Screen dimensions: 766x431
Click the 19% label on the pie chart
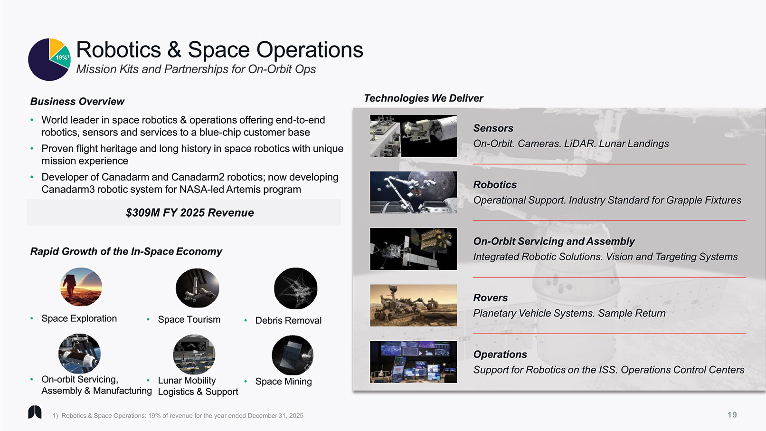[62, 57]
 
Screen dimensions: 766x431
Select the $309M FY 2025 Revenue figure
[190, 213]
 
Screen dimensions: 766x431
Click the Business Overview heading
[77, 102]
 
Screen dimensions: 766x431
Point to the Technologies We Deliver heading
[423, 98]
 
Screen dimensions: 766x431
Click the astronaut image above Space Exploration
[81, 287]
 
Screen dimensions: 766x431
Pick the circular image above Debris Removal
[295, 288]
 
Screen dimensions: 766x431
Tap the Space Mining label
[284, 382]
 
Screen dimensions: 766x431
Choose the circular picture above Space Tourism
[197, 288]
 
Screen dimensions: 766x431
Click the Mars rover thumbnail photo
[414, 305]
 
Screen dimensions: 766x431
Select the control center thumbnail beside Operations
[414, 362]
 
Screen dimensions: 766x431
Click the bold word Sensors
[493, 128]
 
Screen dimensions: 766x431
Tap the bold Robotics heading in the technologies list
[495, 185]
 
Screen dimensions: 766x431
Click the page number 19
[732, 415]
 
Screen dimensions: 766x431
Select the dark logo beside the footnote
[35, 412]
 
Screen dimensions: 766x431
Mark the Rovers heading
[491, 298]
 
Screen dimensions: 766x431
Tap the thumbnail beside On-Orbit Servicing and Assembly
[414, 249]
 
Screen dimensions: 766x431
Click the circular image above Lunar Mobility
[194, 354]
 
